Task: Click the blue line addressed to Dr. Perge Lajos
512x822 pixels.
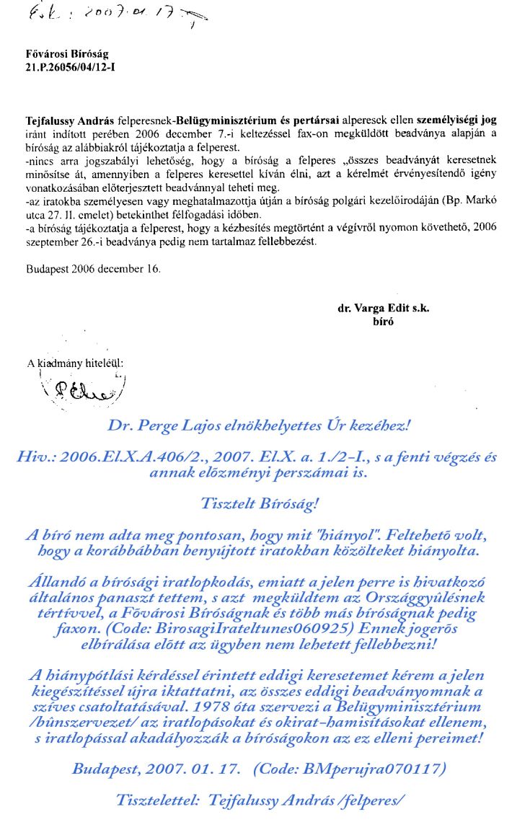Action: click(257, 425)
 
